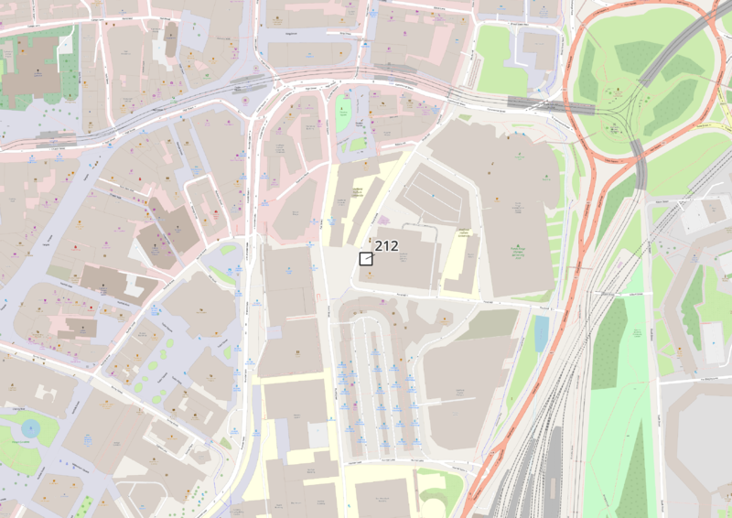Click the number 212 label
pyautogui.click(x=386, y=245)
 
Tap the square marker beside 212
pyautogui.click(x=366, y=259)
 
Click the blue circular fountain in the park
pyautogui.click(x=31, y=426)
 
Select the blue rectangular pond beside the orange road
pyautogui.click(x=541, y=334)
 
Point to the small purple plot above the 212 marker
pyautogui.click(x=382, y=221)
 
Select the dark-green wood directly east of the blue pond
pyautogui.click(x=608, y=357)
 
